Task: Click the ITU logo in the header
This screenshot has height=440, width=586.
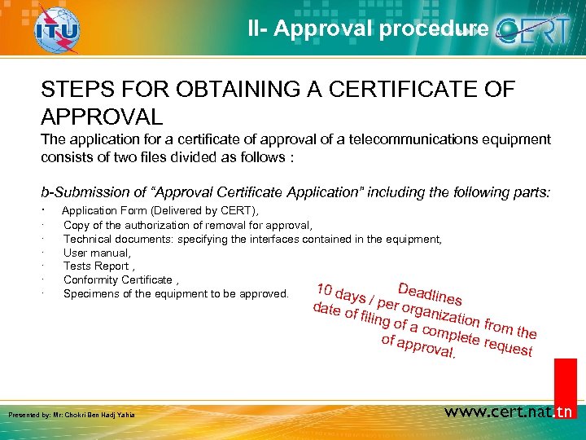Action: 57,31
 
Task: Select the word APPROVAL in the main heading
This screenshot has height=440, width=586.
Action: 102,115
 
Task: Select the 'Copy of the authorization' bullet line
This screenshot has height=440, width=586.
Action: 187,225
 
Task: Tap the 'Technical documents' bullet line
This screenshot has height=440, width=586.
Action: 252,239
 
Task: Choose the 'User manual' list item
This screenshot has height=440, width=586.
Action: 97,253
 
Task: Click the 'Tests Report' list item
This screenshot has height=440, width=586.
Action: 98,266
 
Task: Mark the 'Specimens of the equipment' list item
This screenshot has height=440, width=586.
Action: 175,293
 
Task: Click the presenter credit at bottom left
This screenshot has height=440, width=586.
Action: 72,415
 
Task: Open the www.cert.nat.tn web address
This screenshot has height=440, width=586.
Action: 509,412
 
